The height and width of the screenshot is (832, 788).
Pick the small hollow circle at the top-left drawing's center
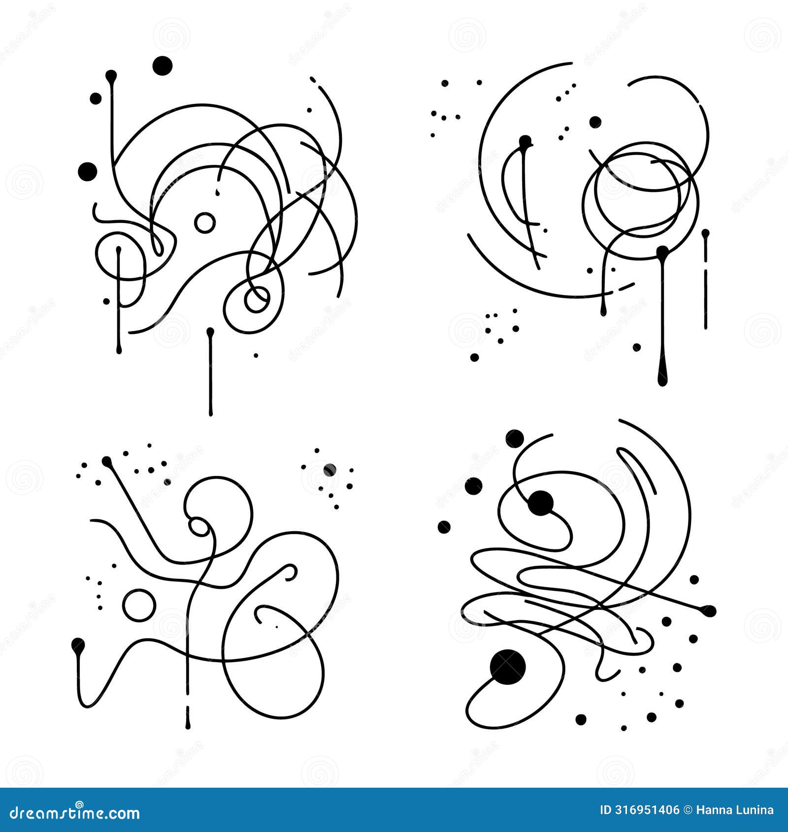click(204, 223)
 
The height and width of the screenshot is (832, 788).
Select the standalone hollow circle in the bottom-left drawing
click(139, 605)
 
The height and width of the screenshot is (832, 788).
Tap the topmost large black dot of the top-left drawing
click(163, 65)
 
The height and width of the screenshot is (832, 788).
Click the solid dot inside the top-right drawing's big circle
click(595, 122)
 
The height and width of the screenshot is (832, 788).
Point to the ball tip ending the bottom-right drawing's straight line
click(709, 611)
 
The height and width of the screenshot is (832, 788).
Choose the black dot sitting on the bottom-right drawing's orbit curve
click(541, 503)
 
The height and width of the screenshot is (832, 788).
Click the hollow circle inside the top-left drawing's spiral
click(257, 299)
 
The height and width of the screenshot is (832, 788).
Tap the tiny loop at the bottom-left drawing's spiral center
click(199, 527)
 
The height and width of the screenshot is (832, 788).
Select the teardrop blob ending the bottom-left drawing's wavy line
click(78, 645)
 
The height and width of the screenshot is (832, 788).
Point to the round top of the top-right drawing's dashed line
click(705, 233)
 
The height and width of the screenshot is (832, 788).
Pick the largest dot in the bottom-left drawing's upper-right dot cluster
click(329, 470)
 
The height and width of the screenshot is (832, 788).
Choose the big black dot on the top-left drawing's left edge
click(88, 171)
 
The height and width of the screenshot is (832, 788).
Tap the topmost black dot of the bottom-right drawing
click(515, 438)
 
